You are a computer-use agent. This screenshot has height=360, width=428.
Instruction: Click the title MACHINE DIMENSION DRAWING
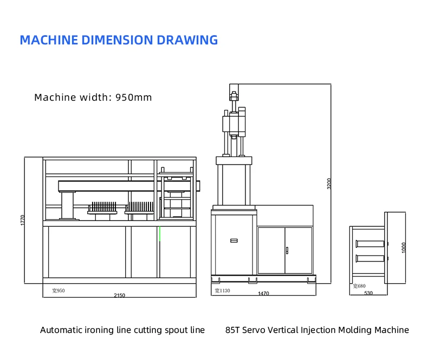119,40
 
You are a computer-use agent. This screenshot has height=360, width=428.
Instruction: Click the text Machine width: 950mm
93,97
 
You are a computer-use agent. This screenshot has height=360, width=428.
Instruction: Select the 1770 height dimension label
22,220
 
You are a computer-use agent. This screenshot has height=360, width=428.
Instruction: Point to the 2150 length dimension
119,296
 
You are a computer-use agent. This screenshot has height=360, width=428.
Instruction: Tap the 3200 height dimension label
329,184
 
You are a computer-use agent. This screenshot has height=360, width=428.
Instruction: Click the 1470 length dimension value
263,293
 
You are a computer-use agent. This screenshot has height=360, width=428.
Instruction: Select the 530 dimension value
368,293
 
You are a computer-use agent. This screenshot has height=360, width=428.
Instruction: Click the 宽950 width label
58,291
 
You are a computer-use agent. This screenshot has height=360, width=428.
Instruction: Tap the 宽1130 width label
222,291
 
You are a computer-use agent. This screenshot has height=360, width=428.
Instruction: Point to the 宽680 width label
359,286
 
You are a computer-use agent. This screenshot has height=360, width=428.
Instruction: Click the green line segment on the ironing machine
159,233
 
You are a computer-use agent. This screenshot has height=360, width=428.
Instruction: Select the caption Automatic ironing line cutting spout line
122,330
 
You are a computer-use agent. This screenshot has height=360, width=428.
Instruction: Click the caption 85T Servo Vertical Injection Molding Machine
317,330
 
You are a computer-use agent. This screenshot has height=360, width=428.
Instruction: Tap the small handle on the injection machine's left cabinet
234,240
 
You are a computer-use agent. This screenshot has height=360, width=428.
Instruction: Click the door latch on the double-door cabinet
286,250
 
